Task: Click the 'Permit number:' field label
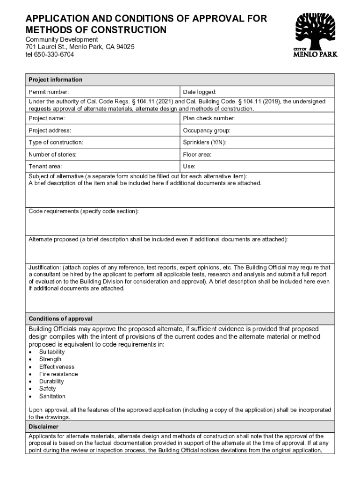point(49,92)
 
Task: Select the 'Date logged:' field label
point(200,92)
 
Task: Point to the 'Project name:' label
point(47,118)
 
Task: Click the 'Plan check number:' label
point(209,118)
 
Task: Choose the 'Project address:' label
point(50,131)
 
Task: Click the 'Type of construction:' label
point(56,142)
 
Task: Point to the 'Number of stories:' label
point(52,154)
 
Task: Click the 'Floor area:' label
point(197,154)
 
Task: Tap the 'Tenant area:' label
point(45,166)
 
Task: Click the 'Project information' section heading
point(55,80)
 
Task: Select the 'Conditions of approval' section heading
point(60,319)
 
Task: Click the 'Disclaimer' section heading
point(43,427)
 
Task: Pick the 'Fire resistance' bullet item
point(58,374)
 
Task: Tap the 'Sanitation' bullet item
point(52,396)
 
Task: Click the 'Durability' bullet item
point(51,381)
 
